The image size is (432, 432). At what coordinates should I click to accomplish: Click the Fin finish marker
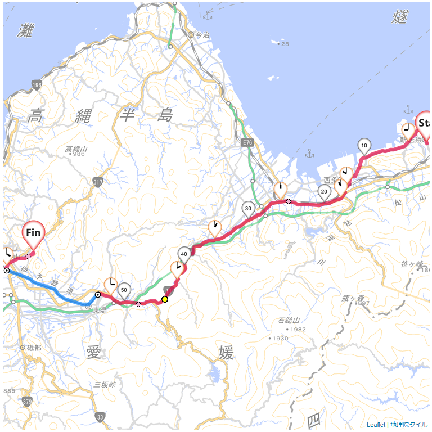tap(33, 232)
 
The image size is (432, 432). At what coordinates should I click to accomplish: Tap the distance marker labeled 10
tap(364, 146)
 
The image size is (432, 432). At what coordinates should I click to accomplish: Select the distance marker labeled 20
tap(324, 191)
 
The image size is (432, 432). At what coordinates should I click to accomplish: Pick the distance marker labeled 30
tap(248, 208)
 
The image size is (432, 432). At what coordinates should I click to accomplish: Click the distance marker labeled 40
tap(184, 253)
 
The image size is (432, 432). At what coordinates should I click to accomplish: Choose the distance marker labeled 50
tap(124, 290)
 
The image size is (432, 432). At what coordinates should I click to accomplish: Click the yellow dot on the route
tap(165, 299)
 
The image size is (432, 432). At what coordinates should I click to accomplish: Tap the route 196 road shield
tap(37, 85)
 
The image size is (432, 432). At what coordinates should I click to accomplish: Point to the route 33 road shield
tap(100, 417)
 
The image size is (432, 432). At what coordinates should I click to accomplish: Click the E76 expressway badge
tap(248, 144)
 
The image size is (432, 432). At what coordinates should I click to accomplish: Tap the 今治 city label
tap(202, 35)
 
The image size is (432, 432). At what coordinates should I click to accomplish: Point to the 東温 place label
tap(100, 310)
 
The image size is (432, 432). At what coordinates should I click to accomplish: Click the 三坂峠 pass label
tap(105, 385)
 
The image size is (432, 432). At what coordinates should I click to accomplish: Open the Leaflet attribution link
tap(376, 425)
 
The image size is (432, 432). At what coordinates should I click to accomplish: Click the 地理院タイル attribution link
tap(408, 425)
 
